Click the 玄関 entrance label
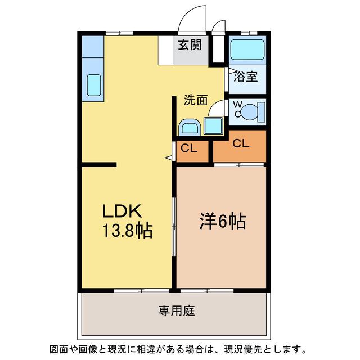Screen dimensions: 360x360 [190, 45]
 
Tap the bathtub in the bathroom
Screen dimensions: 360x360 [247, 49]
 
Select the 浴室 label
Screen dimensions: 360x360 [246, 76]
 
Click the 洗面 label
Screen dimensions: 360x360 [196, 100]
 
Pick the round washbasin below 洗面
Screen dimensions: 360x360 [190, 127]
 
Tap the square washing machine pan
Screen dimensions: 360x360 [214, 126]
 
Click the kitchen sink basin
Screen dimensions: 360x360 [94, 85]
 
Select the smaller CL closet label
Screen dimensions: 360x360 [189, 148]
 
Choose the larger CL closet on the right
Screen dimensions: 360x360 [240, 146]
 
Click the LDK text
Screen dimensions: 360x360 [122, 211]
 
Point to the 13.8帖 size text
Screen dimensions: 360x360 [128, 230]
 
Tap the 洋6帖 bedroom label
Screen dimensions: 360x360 [223, 221]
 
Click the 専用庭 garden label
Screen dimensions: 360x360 [177, 310]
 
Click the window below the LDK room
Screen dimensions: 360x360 [141, 290]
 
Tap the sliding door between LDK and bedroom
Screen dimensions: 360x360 [174, 227]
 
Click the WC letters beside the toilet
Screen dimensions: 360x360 [237, 109]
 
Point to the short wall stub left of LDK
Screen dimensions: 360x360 [99, 165]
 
